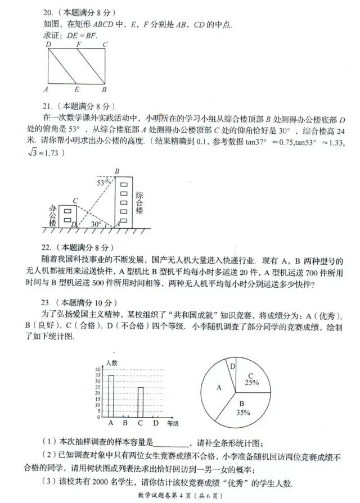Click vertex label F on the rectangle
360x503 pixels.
(78, 44)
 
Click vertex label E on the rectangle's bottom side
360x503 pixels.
(76, 89)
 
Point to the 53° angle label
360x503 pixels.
(102, 183)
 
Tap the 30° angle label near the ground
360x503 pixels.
(96, 223)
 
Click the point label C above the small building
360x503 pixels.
(75, 200)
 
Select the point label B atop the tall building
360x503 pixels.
(117, 170)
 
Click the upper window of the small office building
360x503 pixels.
(68, 211)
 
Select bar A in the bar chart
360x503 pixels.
(111, 396)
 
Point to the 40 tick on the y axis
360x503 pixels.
(98, 369)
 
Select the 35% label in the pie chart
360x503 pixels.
(244, 412)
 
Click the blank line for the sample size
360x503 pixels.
(172, 443)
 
